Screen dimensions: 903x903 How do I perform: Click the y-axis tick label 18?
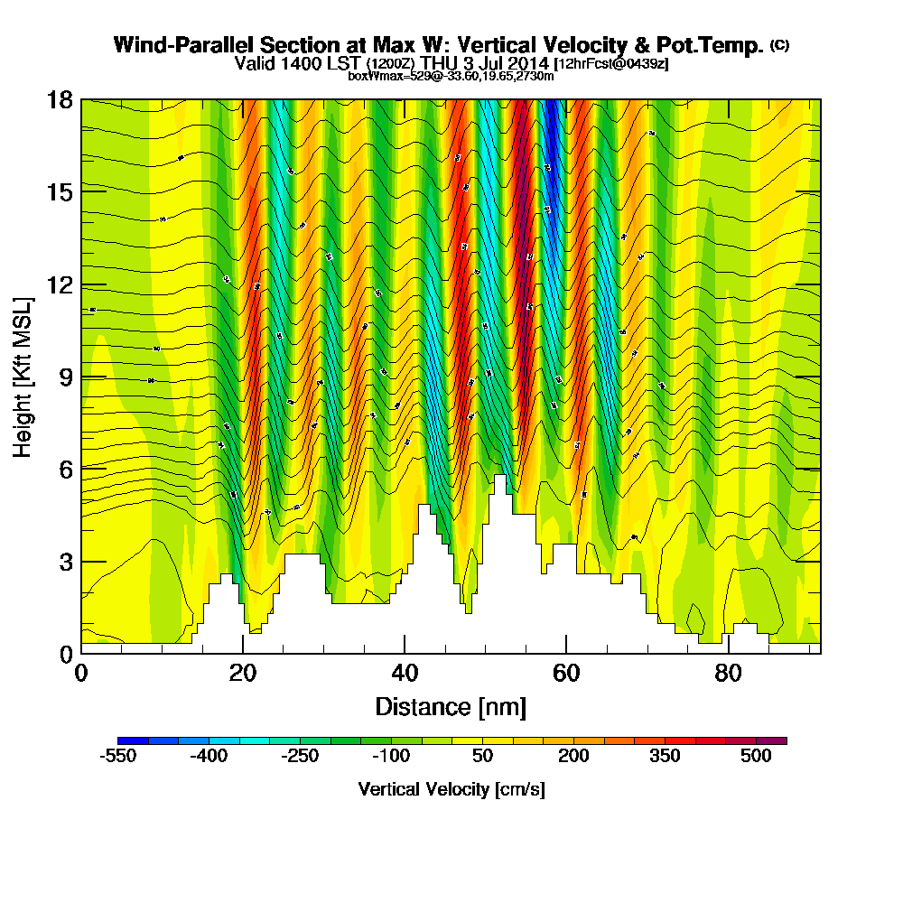pos(61,100)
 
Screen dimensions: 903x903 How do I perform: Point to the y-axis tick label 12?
pos(61,284)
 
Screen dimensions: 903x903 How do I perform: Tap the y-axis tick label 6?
pos(66,469)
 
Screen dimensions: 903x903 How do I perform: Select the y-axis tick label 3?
pos(66,561)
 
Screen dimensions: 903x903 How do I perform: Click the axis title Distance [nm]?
pos(451,706)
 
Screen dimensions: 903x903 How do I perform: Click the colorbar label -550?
pos(116,757)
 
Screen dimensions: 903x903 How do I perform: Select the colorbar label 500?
pos(756,757)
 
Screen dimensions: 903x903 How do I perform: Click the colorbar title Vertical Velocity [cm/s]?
pos(451,789)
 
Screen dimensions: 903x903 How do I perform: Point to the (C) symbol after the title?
pos(779,43)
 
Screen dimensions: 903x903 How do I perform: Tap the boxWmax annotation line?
pos(451,76)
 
